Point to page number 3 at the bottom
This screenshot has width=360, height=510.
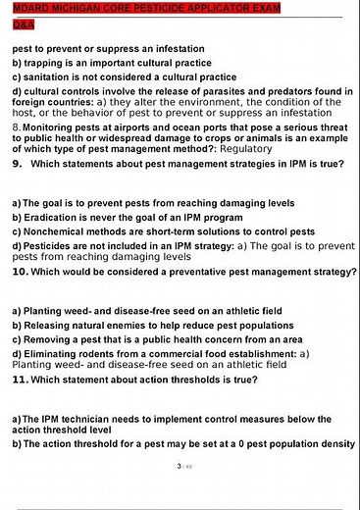coord(179,466)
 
